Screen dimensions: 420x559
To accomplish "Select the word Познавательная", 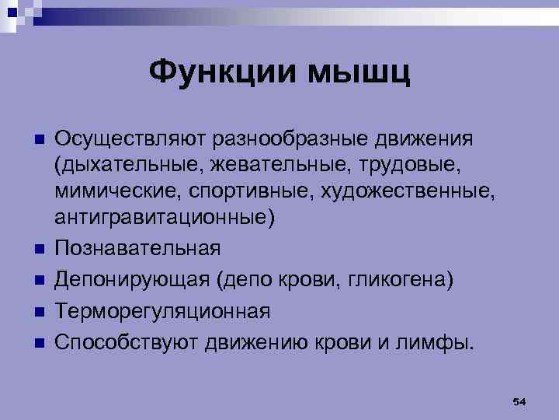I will pyautogui.click(x=137, y=249).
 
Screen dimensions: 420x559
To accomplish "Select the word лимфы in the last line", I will pyautogui.click(x=436, y=342).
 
